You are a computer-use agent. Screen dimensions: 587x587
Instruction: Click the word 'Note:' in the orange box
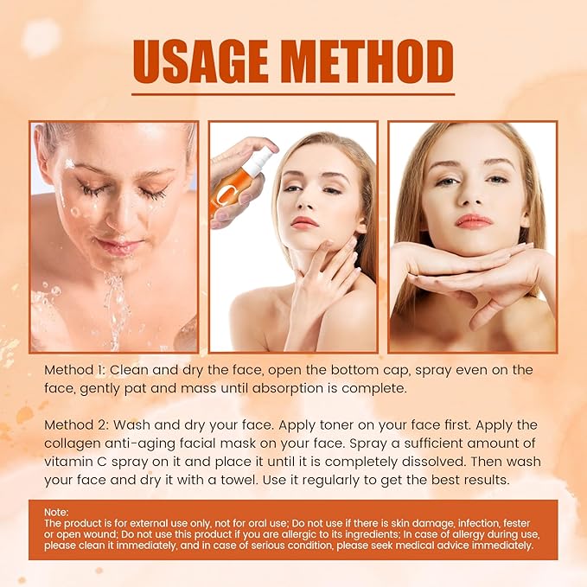tap(56, 513)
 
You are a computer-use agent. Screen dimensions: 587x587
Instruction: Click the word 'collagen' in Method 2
tap(77, 444)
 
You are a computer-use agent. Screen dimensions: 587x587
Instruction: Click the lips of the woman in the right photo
tap(473, 221)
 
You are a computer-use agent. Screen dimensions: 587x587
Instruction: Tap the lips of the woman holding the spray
tap(304, 223)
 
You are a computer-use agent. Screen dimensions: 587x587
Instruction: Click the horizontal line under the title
tap(294, 94)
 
